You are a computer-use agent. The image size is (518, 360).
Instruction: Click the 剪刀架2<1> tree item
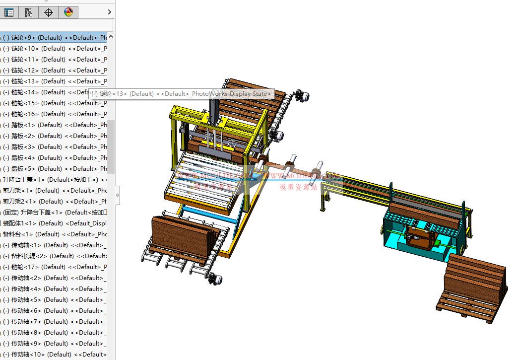[x=50, y=202]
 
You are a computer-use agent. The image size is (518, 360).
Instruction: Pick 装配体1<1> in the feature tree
[x=50, y=223]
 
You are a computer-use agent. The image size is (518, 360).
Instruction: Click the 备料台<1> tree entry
[x=50, y=234]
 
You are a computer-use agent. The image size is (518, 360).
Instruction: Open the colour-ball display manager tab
[x=68, y=12]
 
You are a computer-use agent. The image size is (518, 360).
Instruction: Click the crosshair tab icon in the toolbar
[x=49, y=12]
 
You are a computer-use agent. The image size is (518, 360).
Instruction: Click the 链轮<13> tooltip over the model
[x=182, y=94]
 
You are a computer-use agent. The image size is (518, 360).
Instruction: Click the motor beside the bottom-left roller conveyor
[x=215, y=279]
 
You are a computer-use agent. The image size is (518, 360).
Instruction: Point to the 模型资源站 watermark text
[x=298, y=187]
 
